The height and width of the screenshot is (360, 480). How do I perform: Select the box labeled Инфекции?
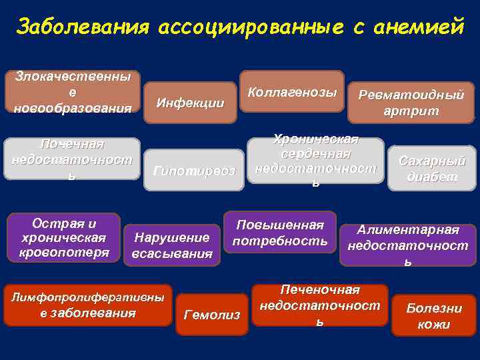coord(190,103)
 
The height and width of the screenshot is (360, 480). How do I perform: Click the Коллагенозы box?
coord(292,92)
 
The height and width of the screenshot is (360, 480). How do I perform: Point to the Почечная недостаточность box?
coord(72,159)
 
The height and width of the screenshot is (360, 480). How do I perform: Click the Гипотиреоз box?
coord(194,171)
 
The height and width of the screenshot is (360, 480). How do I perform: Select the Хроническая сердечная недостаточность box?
coord(316,160)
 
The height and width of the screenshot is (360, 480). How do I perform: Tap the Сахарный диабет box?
coord(432,169)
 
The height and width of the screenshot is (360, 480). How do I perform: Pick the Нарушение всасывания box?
coord(172,245)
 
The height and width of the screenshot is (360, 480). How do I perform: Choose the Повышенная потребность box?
coord(280,232)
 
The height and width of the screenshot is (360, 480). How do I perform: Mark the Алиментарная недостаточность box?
coord(408,245)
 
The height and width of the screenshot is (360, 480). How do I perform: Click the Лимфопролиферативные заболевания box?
coord(87,305)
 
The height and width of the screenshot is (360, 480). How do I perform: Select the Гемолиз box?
coord(211,314)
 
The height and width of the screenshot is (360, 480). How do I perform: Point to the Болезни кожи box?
coord(434,316)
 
